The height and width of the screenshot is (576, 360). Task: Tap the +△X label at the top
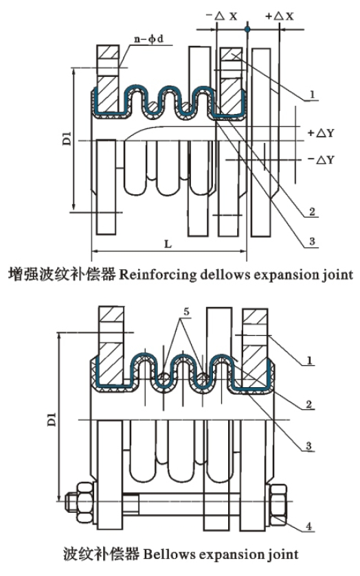280,16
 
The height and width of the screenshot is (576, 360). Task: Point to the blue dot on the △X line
247,29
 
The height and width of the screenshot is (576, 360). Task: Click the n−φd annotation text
148,38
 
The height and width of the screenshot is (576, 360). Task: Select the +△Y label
321,133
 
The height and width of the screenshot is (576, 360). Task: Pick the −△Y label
321,159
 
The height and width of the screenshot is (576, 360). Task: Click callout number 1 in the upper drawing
312,95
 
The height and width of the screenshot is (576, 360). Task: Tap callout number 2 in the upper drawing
312,211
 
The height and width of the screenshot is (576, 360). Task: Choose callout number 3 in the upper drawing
312,241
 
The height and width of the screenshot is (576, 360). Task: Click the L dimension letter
168,244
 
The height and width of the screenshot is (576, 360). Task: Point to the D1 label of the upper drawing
67,140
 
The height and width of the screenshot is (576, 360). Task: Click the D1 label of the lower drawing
52,419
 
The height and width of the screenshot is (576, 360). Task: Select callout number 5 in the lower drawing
186,312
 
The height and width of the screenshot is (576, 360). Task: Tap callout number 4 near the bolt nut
309,526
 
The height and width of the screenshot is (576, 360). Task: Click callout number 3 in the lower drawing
308,446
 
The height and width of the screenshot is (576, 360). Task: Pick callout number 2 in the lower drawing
308,404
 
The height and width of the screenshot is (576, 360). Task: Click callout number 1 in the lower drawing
309,360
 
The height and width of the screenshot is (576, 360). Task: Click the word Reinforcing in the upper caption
158,275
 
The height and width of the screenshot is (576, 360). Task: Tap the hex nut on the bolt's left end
85,502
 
